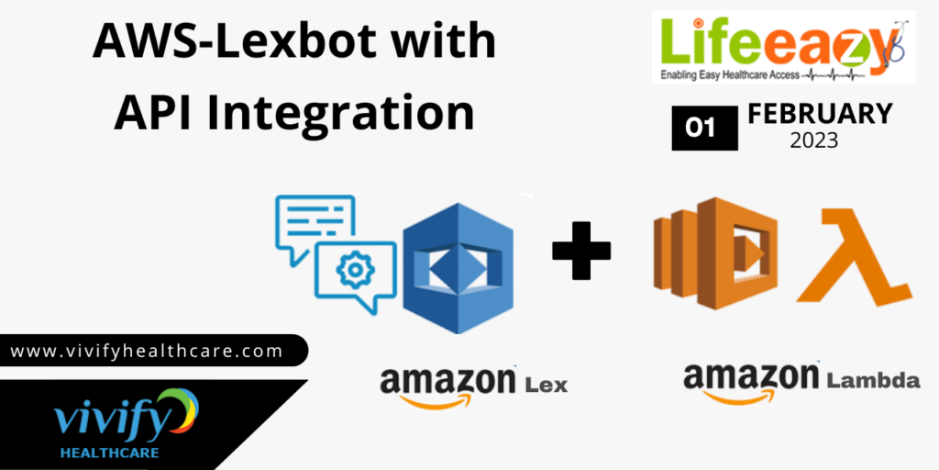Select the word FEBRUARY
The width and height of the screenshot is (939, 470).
(x=820, y=114)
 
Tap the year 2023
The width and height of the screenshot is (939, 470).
(x=819, y=141)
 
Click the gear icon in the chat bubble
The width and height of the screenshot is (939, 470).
(x=354, y=270)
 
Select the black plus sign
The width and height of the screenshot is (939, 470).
(x=581, y=250)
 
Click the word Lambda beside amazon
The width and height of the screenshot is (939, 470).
(x=873, y=379)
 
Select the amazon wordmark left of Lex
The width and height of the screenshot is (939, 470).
(x=447, y=384)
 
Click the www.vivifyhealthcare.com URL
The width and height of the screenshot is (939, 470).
(x=147, y=351)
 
